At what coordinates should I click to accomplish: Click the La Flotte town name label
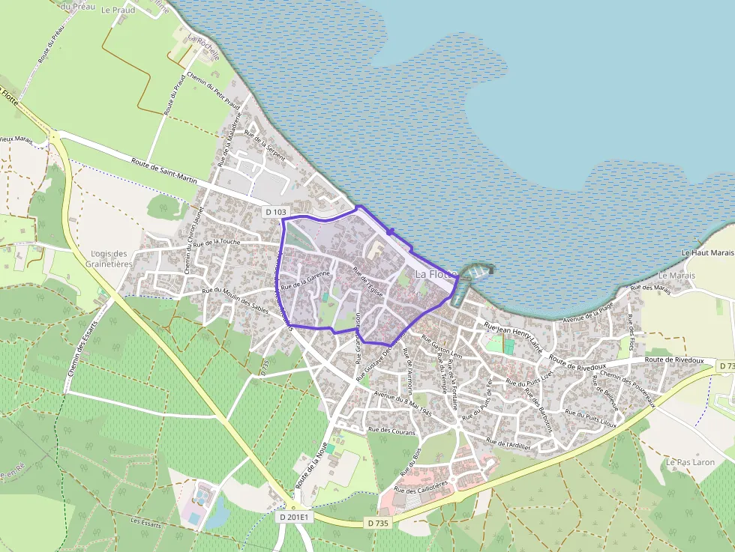click(x=436, y=274)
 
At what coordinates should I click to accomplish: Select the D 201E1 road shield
click(x=294, y=517)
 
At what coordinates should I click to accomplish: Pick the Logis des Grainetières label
click(x=111, y=258)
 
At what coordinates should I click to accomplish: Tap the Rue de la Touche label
click(x=216, y=243)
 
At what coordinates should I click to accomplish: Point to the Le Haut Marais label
click(x=707, y=253)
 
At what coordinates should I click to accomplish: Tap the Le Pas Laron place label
click(x=690, y=462)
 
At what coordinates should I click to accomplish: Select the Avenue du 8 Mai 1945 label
click(x=403, y=403)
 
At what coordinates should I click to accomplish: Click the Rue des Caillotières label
click(x=421, y=488)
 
